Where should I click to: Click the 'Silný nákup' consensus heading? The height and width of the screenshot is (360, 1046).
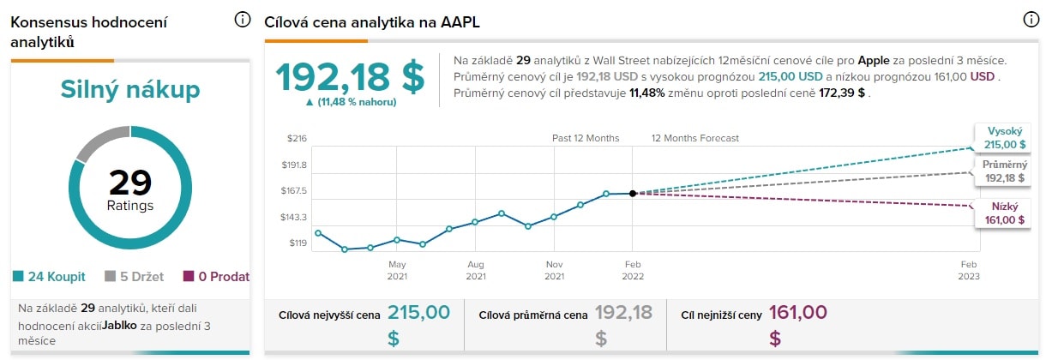pyautogui.click(x=130, y=90)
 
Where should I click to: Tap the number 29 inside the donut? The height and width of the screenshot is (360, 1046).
pyautogui.click(x=129, y=182)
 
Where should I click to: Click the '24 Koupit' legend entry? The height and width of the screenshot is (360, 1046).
pyautogui.click(x=49, y=276)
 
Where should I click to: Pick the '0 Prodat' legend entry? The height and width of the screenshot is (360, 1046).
pyautogui.click(x=216, y=276)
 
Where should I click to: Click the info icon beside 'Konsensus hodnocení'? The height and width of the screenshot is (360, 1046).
pyautogui.click(x=243, y=20)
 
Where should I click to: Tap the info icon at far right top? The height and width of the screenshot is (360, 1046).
pyautogui.click(x=1031, y=20)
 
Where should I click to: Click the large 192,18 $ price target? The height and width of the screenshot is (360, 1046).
pyautogui.click(x=350, y=77)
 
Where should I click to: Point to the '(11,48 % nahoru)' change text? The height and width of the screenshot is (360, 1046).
pyautogui.click(x=350, y=102)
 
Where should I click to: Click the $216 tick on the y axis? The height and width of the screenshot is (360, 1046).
pyautogui.click(x=297, y=138)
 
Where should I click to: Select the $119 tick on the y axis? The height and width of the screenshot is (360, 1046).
pyautogui.click(x=298, y=243)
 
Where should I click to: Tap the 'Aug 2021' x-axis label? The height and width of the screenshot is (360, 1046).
pyautogui.click(x=476, y=270)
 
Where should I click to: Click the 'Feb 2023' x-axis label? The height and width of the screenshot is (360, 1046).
pyautogui.click(x=969, y=270)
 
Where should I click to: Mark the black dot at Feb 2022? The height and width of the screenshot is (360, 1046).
pyautogui.click(x=633, y=194)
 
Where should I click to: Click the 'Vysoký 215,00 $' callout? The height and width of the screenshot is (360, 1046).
pyautogui.click(x=1002, y=137)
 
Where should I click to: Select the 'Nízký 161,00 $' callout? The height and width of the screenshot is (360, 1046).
pyautogui.click(x=1004, y=213)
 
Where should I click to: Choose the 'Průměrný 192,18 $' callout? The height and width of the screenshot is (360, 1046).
pyautogui.click(x=1003, y=171)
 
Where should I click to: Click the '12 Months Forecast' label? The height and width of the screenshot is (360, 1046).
pyautogui.click(x=694, y=138)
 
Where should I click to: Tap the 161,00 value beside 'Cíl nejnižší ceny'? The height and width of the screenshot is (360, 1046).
pyautogui.click(x=798, y=313)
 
